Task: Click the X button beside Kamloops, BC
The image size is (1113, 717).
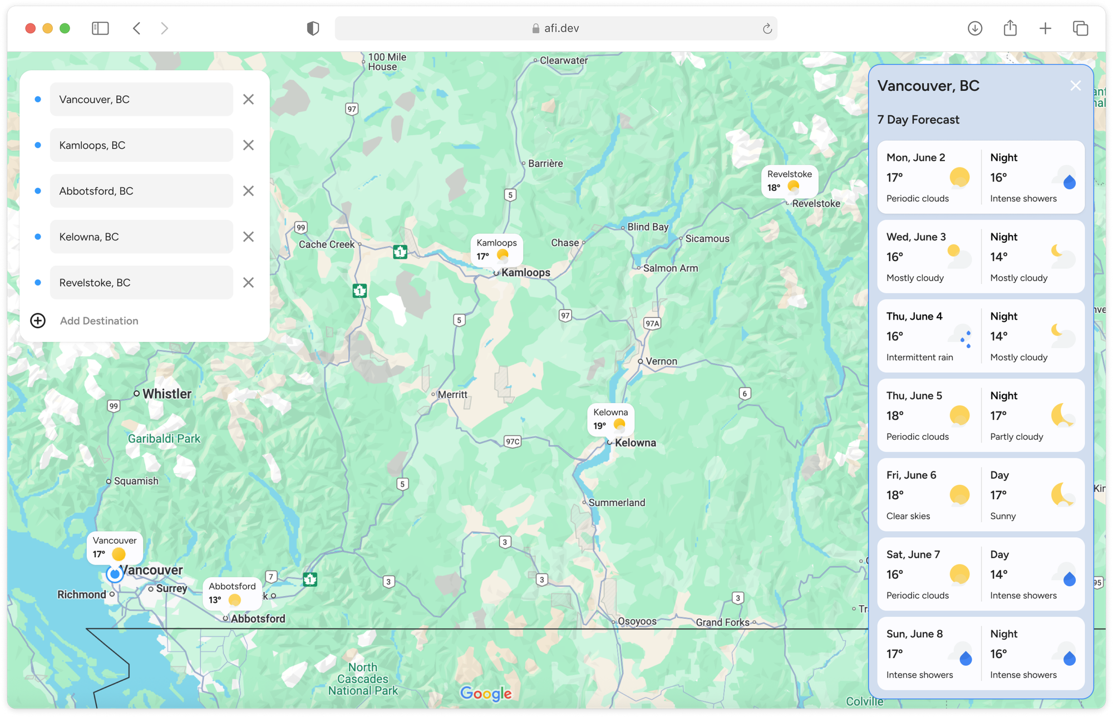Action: point(248,145)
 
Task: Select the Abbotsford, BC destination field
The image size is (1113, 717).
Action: point(141,191)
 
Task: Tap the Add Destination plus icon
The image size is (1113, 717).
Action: point(38,321)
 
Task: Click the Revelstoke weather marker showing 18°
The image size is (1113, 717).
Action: point(789,181)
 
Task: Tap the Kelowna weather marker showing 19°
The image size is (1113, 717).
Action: point(610,419)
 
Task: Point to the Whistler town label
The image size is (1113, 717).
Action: point(166,394)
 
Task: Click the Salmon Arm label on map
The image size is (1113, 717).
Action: point(670,268)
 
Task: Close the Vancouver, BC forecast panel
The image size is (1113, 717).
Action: point(1075,86)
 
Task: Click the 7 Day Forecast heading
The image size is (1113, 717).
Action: point(918,120)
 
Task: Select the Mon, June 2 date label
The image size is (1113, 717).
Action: point(915,158)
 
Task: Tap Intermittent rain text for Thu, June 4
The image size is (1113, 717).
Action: point(919,357)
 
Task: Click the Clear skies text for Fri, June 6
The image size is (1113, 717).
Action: point(908,516)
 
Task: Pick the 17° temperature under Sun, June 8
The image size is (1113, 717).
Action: point(895,654)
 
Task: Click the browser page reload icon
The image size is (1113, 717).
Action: point(767,28)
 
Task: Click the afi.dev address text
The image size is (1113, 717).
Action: point(561,28)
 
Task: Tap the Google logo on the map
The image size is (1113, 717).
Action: point(486,693)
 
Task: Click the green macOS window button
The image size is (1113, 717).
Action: point(65,28)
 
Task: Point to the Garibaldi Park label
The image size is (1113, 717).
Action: point(164,439)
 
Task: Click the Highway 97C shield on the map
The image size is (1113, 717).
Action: point(513,441)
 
